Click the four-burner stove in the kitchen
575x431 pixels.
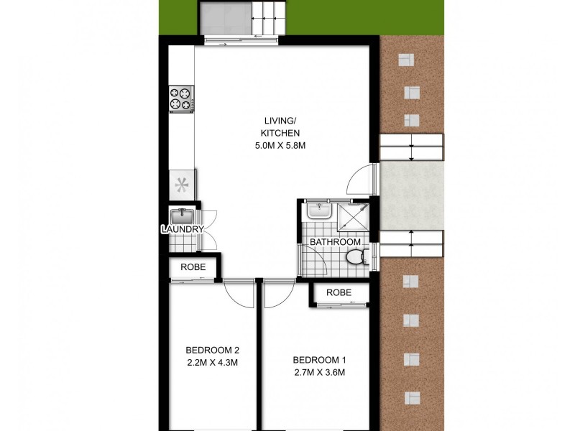click(x=181, y=99)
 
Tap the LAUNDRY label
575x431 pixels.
click(x=183, y=229)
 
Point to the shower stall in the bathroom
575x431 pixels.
click(x=352, y=215)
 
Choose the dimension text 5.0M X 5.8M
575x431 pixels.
click(x=280, y=146)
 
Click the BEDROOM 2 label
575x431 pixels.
click(x=211, y=351)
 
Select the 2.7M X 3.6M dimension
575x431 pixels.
click(x=320, y=372)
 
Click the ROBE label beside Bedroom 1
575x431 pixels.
click(x=339, y=293)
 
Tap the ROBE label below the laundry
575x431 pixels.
click(x=193, y=267)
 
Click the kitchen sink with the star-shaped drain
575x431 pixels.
click(x=181, y=184)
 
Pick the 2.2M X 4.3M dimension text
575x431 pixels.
click(x=211, y=362)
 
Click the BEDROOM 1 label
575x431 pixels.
click(x=320, y=361)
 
